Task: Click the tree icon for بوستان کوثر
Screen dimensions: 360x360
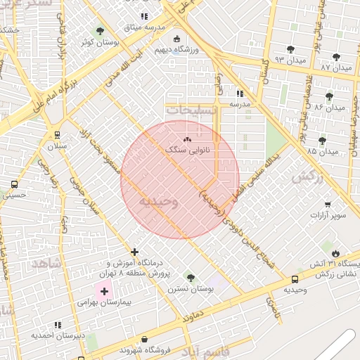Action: [x=100, y=31]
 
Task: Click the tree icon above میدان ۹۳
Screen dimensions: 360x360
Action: [x=290, y=50]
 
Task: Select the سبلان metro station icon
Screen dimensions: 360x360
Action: [x=56, y=135]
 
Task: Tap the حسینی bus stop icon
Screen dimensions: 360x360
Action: [x=15, y=184]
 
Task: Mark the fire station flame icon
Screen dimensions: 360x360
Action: [x=335, y=253]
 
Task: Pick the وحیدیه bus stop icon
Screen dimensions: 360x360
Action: [x=295, y=278]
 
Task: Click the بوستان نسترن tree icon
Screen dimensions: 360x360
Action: [x=191, y=277]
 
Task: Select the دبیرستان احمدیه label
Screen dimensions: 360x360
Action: [x=57, y=335]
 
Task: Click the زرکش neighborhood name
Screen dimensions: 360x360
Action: [x=307, y=177]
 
